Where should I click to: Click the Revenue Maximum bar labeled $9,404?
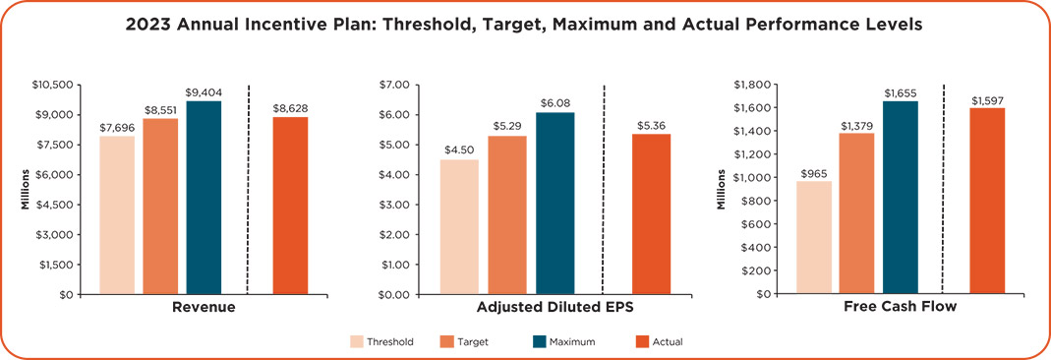pos(204,197)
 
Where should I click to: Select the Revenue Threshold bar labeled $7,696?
pos(117,214)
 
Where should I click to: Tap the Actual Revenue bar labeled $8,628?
pos(290,205)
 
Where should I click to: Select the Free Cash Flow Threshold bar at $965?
pos(814,237)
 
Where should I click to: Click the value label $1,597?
pos(987,100)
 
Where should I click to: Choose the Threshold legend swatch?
pos(355,342)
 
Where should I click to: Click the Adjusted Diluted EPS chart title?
pos(555,308)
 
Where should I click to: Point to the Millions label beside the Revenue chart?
pos(26,189)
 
